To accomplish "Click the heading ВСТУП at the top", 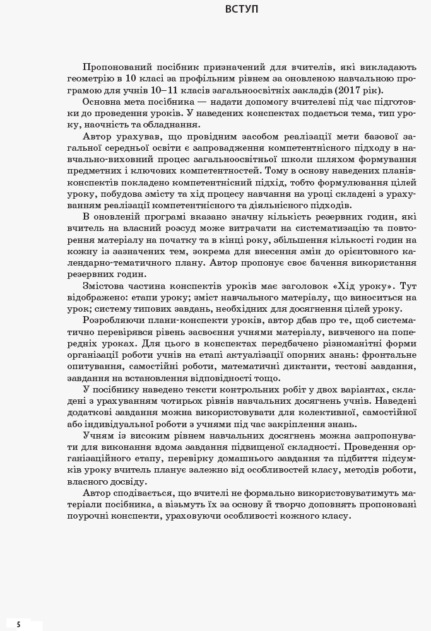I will pos(241,9).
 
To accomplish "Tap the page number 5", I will pos(18,624).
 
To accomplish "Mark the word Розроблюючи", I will pos(114,320).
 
